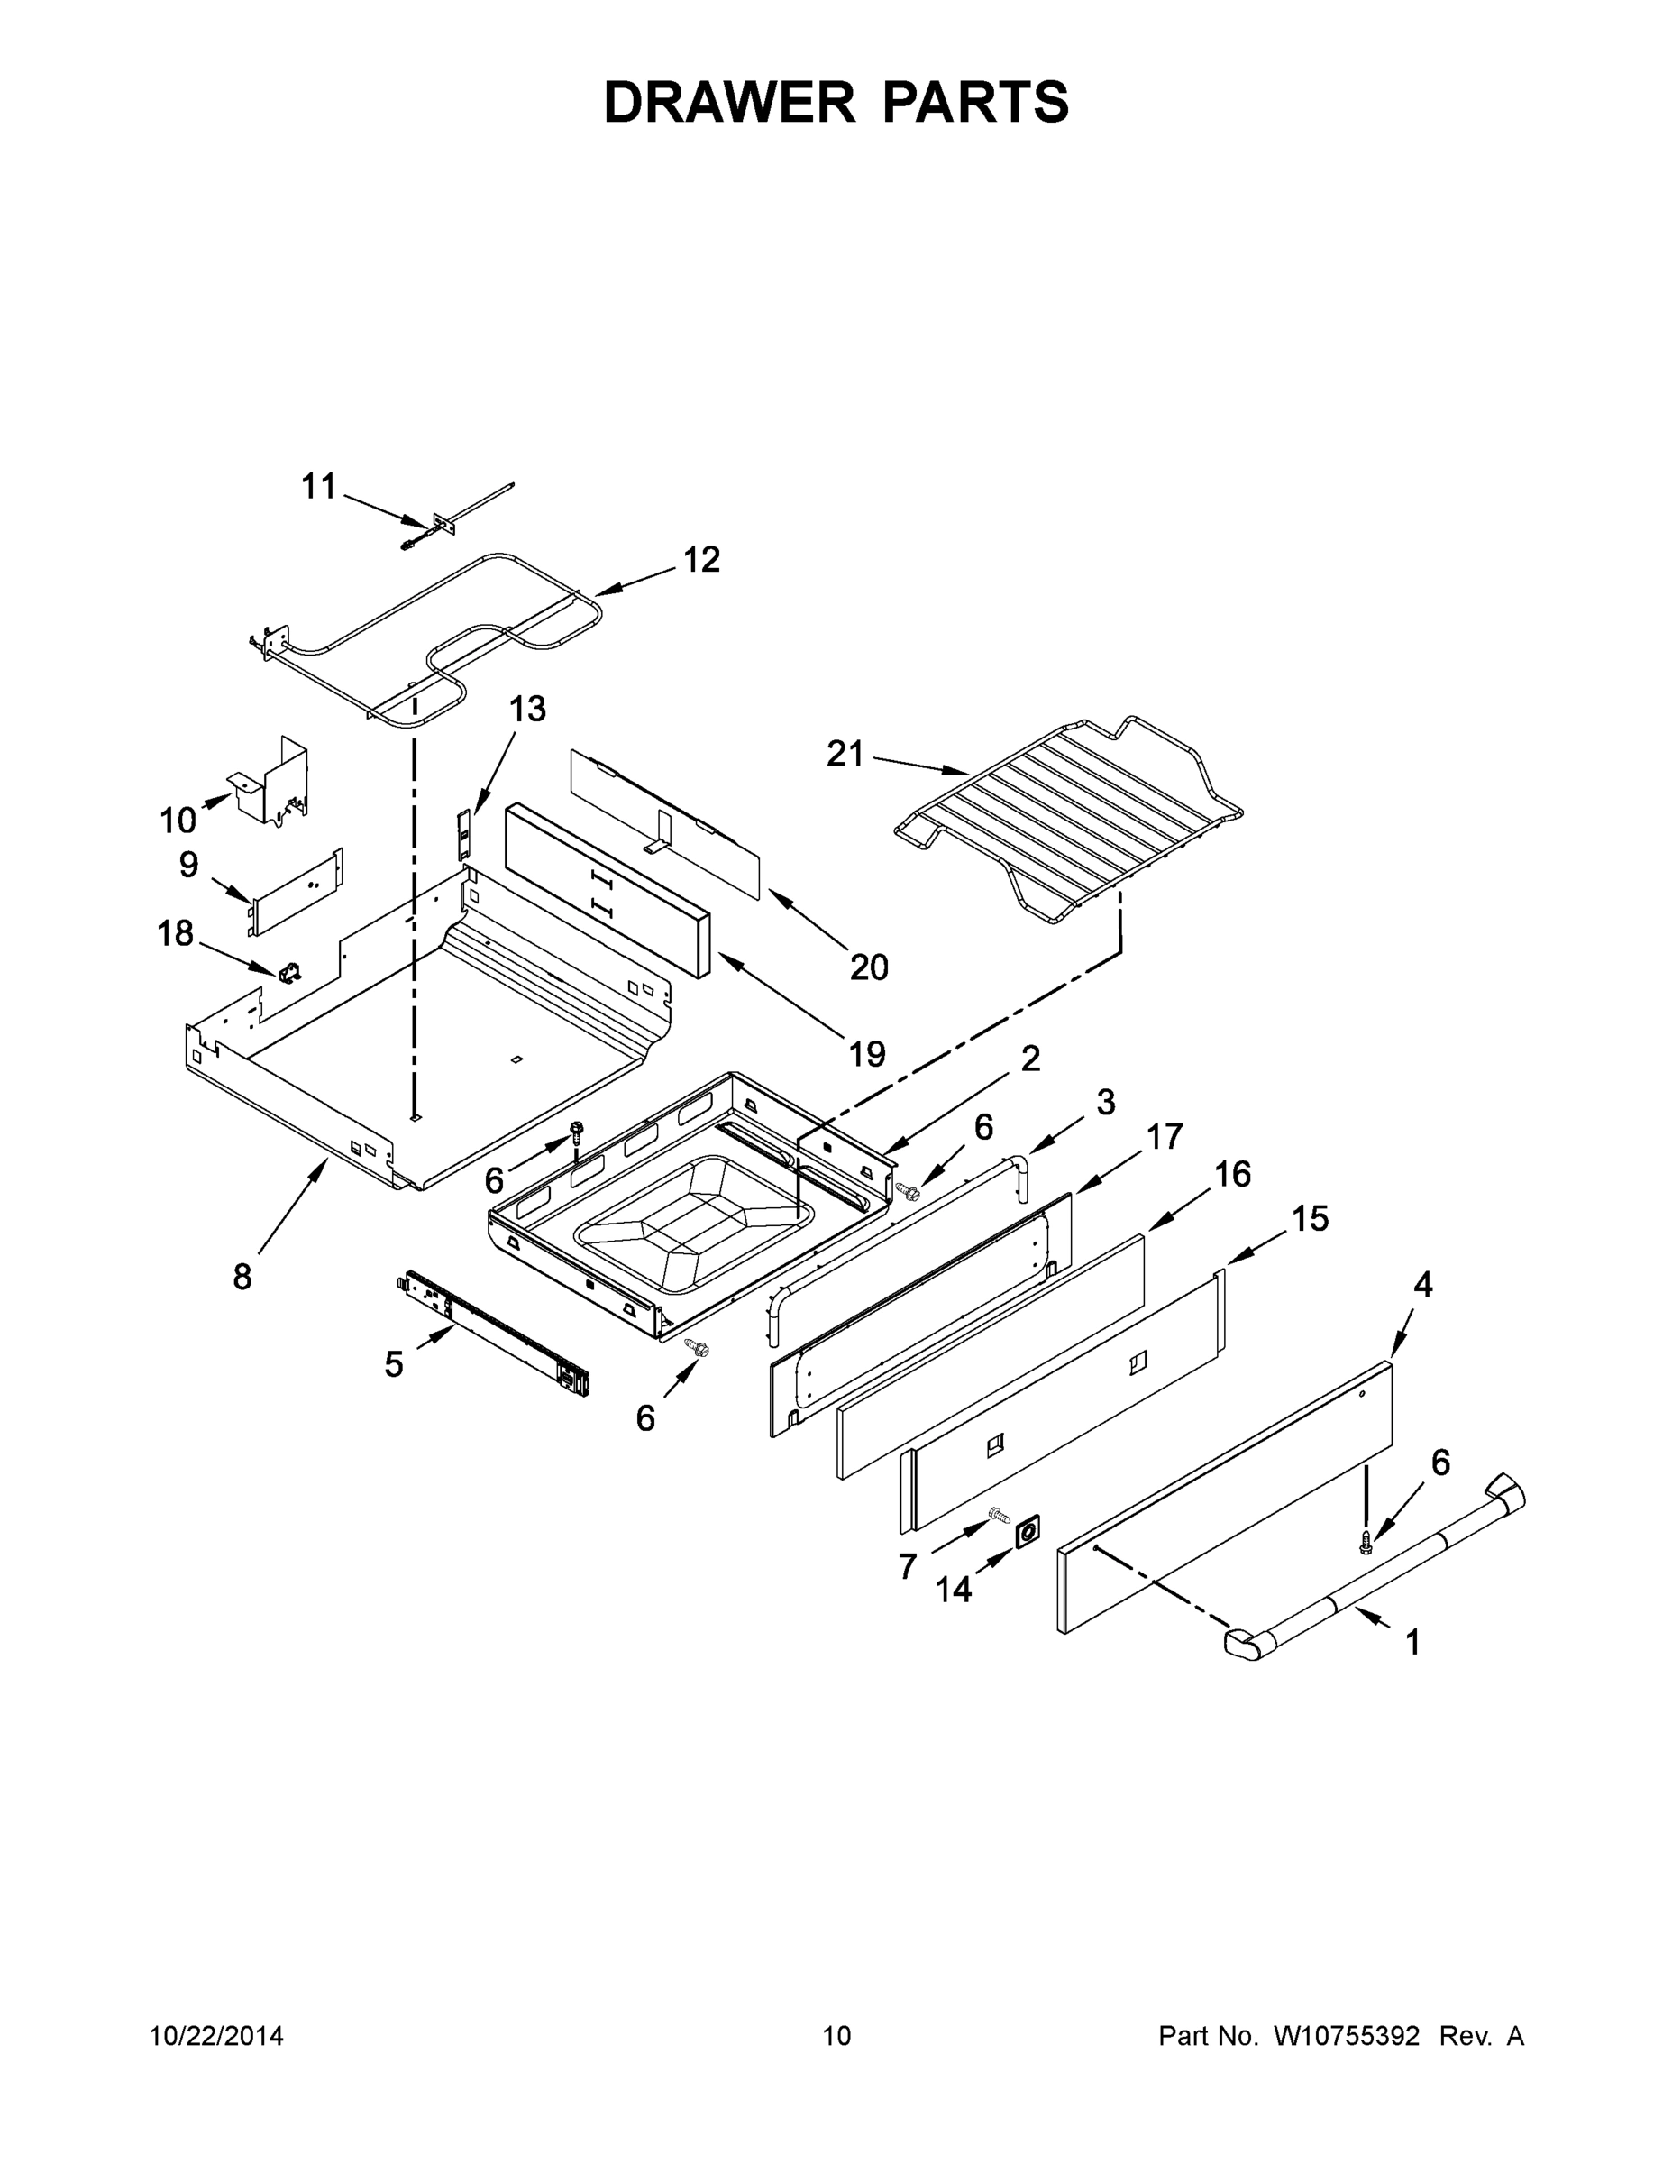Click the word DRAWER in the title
[x=728, y=102]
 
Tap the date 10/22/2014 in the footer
[x=216, y=2036]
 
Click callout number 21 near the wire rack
[x=845, y=755]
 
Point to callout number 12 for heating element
[x=701, y=560]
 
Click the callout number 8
[x=242, y=1277]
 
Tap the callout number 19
[x=867, y=1053]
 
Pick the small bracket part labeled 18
[x=290, y=975]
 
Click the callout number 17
[x=1165, y=1136]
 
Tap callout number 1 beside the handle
[x=1412, y=1643]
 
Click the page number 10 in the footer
[x=836, y=2036]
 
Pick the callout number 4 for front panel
[x=1422, y=1285]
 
